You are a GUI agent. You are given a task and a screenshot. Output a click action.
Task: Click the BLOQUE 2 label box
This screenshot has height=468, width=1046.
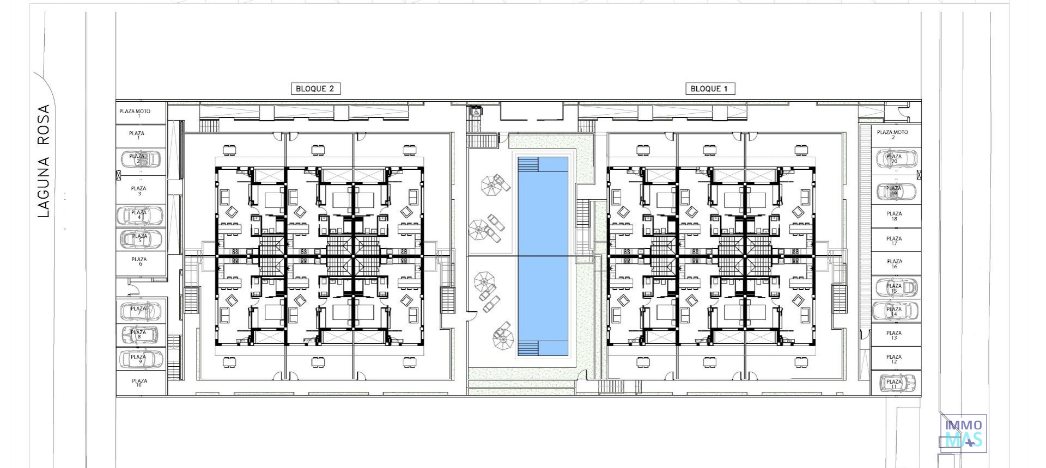(315, 89)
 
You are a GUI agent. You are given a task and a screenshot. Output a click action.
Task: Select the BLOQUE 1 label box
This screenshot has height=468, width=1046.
(710, 89)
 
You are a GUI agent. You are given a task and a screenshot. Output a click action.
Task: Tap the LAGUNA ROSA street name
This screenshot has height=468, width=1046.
(44, 161)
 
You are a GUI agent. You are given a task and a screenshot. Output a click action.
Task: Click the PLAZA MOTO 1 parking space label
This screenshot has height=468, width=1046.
(135, 113)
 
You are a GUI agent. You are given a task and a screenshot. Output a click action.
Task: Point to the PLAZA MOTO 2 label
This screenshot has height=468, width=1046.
(892, 134)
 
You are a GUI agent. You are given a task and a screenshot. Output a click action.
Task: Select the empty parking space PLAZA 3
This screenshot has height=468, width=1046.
(139, 190)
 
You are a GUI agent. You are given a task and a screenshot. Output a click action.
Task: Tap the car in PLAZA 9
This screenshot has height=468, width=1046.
(141, 359)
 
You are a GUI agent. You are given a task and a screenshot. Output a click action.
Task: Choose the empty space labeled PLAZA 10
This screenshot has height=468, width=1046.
(139, 383)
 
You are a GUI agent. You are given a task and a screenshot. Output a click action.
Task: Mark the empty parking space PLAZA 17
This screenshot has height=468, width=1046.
(894, 241)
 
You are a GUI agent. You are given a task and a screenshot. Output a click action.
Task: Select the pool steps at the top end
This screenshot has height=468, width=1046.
(528, 164)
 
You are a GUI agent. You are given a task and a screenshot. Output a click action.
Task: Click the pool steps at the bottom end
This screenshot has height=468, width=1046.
(528, 348)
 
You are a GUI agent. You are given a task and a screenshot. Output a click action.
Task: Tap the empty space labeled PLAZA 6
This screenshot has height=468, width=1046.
(140, 262)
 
